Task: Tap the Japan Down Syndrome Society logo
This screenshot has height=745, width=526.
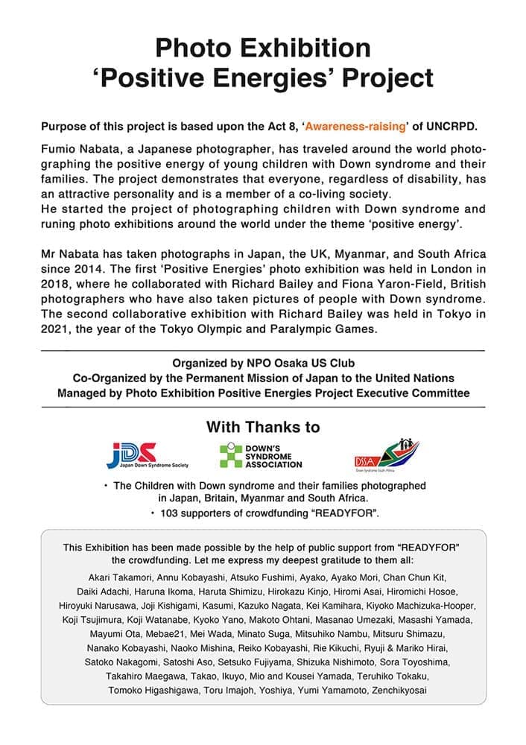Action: [148, 454]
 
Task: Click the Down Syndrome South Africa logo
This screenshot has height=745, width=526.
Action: [386, 454]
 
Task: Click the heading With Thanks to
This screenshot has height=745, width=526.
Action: [263, 427]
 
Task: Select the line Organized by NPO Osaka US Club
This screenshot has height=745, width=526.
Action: [263, 364]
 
